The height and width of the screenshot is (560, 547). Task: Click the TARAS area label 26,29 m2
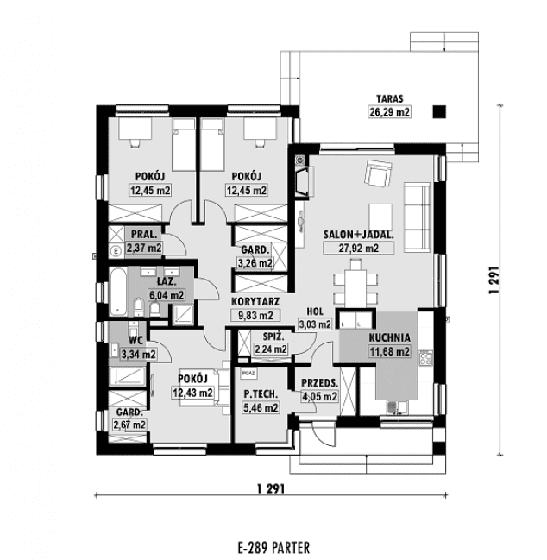pos(389,112)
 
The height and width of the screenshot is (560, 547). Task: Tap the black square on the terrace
pos(439,112)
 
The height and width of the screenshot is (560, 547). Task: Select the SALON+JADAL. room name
pos(358,235)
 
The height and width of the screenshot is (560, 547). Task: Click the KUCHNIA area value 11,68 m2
pos(389,351)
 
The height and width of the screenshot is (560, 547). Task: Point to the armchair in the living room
pos(378,173)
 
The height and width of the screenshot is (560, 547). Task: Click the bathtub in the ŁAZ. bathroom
pos(118,292)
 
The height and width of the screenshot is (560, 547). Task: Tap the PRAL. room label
pos(144,235)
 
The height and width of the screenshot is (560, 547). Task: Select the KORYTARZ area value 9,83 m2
pos(255,315)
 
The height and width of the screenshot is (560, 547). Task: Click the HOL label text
pos(315,311)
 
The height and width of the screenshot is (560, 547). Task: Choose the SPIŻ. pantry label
pos(273,336)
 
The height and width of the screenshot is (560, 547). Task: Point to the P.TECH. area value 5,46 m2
pos(261,407)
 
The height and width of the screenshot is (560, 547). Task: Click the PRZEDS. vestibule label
pos(319,383)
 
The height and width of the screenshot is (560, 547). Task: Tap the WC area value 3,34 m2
pos(139,355)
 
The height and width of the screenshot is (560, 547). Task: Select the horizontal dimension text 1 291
pos(271,488)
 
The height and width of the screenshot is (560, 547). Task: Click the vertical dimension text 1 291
pos(494,280)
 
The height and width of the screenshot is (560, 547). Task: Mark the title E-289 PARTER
pos(273,548)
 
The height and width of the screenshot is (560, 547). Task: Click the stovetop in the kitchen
pos(425,358)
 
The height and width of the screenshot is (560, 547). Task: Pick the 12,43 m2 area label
pos(192,393)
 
